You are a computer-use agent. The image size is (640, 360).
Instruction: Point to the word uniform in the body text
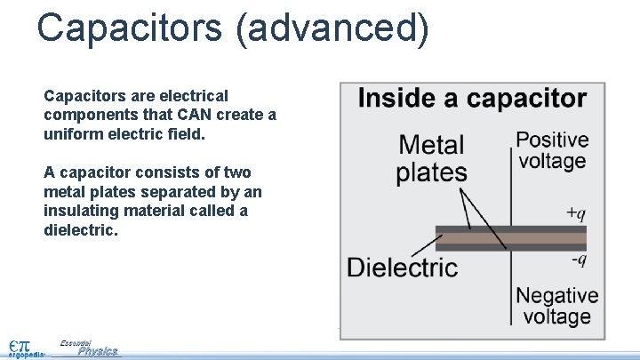(71, 134)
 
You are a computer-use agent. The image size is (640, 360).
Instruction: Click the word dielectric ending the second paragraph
(80, 230)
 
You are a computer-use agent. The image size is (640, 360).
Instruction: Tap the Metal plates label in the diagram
(431, 158)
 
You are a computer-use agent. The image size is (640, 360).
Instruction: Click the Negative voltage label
(557, 306)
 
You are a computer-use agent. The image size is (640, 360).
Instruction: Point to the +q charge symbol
(576, 213)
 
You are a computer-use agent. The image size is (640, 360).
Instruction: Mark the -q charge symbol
(578, 260)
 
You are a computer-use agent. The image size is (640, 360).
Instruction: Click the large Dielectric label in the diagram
(403, 267)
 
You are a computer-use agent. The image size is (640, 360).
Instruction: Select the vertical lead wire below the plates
(510, 284)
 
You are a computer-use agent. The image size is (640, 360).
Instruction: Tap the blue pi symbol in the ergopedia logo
(25, 344)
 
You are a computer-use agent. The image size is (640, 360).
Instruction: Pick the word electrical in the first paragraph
(186, 96)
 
